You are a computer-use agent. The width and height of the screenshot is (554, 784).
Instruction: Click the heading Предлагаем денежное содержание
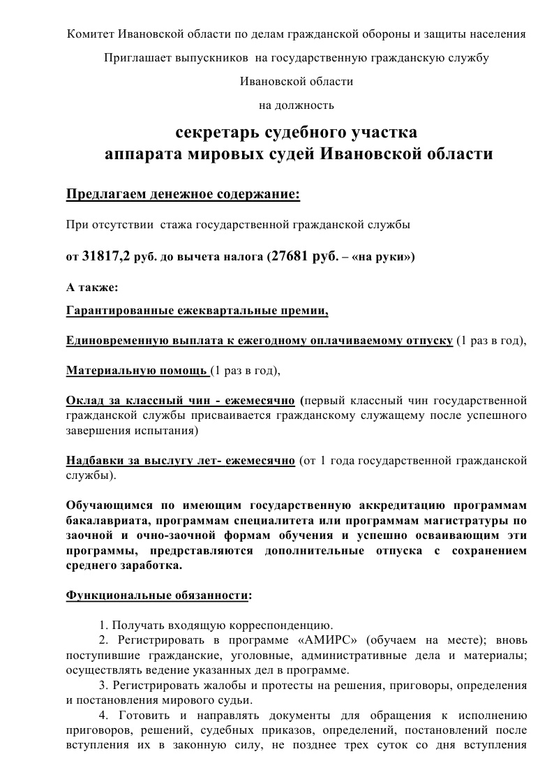183,193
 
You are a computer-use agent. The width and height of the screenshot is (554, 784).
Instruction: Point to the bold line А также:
92,286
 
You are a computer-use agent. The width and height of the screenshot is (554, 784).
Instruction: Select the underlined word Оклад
83,401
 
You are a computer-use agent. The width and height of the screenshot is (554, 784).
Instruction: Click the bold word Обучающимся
109,505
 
